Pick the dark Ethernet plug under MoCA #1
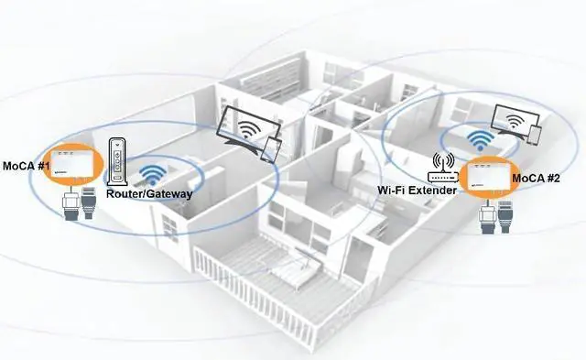(90, 207)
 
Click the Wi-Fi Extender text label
(418, 191)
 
